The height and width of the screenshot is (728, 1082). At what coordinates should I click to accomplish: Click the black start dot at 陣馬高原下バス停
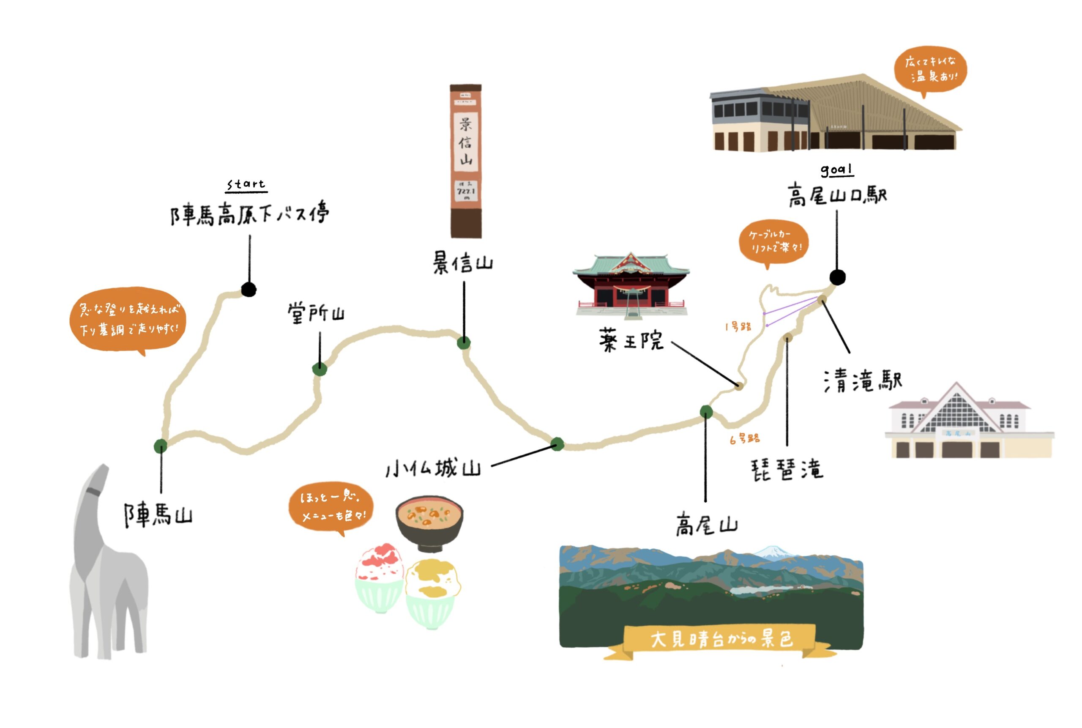pyautogui.click(x=249, y=290)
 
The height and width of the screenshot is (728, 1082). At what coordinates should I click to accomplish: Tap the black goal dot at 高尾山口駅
pyautogui.click(x=837, y=278)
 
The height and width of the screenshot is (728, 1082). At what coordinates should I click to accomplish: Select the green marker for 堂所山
pyautogui.click(x=320, y=369)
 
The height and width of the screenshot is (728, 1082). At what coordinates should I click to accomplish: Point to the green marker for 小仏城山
pyautogui.click(x=557, y=444)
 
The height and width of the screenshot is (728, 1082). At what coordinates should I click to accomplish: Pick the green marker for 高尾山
pyautogui.click(x=706, y=411)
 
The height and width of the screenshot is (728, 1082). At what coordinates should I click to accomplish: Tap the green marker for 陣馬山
pyautogui.click(x=161, y=446)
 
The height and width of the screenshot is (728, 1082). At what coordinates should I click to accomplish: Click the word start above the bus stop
pyautogui.click(x=246, y=184)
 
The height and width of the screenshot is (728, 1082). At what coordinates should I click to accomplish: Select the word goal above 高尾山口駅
pyautogui.click(x=836, y=170)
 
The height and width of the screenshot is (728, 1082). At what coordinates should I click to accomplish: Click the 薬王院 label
pyautogui.click(x=631, y=340)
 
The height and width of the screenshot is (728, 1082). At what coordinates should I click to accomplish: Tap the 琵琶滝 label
pyautogui.click(x=787, y=469)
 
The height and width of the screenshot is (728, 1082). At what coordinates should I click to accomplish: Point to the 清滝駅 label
pyautogui.click(x=863, y=381)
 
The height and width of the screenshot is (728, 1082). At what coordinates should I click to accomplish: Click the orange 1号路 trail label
pyautogui.click(x=738, y=327)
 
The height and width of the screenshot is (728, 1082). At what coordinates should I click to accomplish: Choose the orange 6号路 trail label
pyautogui.click(x=745, y=439)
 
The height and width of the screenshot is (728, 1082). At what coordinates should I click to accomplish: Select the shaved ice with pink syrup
pyautogui.click(x=379, y=576)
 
